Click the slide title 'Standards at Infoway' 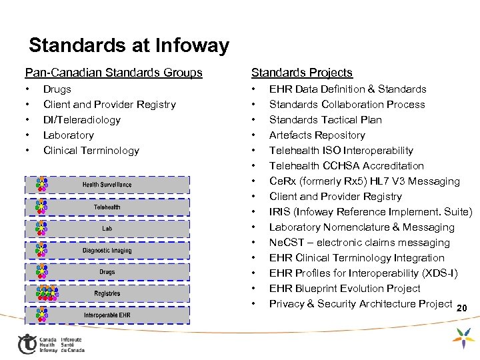click(x=129, y=45)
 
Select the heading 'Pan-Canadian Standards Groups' click(x=113, y=72)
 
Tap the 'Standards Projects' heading click(x=301, y=72)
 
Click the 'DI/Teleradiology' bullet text click(x=82, y=120)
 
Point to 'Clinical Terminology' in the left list click(x=91, y=151)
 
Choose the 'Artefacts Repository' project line click(x=317, y=135)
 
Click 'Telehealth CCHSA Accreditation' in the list click(x=347, y=166)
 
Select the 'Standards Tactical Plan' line click(x=325, y=120)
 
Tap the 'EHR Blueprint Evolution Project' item click(x=345, y=289)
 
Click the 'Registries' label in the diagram click(x=107, y=293)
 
